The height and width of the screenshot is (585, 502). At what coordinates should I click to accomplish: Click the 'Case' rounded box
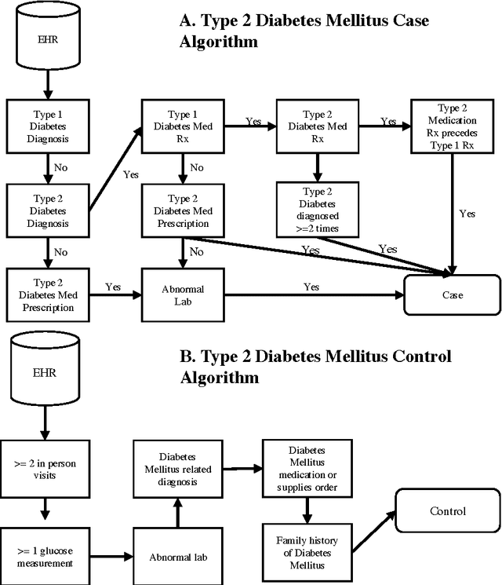tap(451, 295)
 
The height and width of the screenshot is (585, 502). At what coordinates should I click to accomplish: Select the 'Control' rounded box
tap(447, 511)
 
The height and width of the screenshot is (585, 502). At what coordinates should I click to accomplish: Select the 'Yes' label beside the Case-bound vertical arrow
tap(467, 213)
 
